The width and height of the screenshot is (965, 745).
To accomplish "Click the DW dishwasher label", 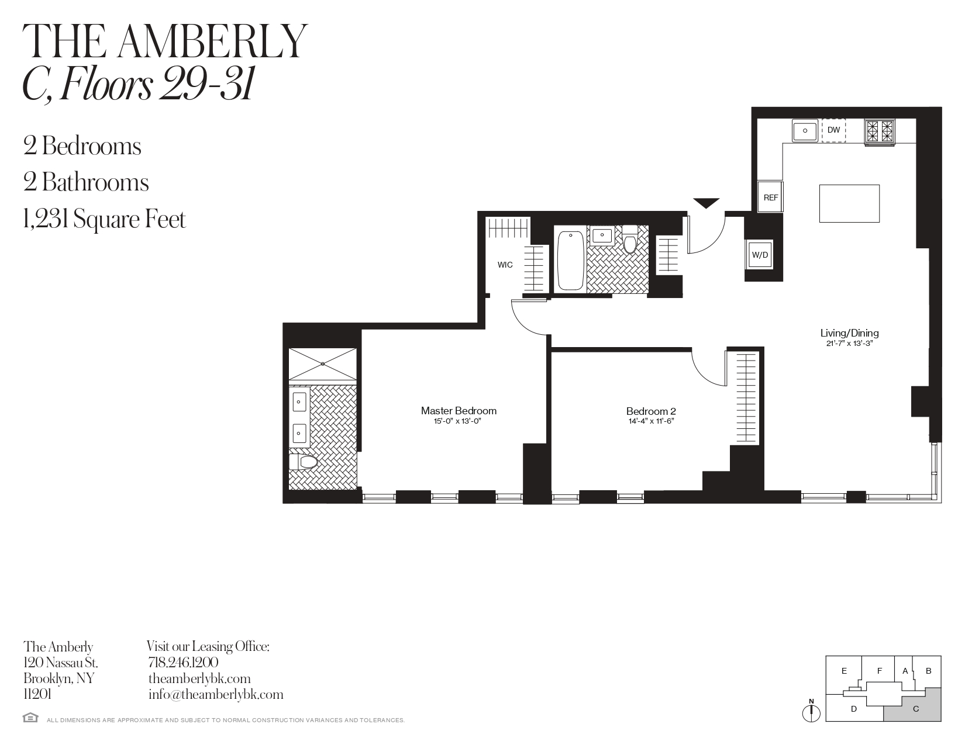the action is [x=833, y=130].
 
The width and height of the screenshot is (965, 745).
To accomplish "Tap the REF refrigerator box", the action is [x=770, y=196].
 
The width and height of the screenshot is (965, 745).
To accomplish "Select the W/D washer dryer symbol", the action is [x=760, y=255].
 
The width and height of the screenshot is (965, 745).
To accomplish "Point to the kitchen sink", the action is [x=805, y=131].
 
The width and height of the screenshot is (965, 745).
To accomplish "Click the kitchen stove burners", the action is [x=879, y=132].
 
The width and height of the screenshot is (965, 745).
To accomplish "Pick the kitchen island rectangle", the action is [x=849, y=204].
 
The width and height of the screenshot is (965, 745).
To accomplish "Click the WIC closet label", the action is [x=505, y=265].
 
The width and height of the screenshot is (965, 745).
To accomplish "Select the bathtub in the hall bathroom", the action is [x=570, y=260].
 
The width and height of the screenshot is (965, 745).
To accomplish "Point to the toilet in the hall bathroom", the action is [x=630, y=239].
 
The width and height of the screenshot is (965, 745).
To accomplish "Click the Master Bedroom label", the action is [x=459, y=411].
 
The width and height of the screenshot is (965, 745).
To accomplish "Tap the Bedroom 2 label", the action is [x=651, y=411].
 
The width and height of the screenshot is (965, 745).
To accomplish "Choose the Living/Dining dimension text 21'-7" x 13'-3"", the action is [x=850, y=343].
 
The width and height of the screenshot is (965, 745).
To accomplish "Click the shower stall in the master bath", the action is [x=323, y=364].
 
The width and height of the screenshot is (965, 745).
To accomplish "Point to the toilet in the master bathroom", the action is [x=303, y=462].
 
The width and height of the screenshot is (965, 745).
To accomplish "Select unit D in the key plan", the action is [x=853, y=709].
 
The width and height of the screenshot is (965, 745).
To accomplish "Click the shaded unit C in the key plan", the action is [x=916, y=709].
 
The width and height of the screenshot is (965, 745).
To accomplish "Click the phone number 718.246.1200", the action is [x=183, y=663].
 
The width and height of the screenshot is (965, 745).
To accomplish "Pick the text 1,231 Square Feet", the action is [x=104, y=219].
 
